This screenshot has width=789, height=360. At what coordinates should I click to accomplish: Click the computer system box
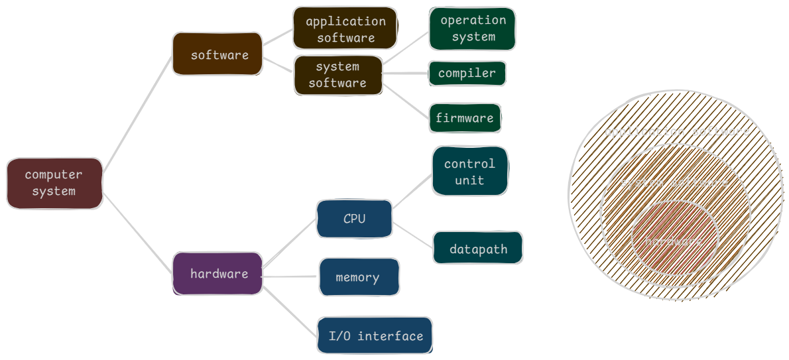pyautogui.click(x=54, y=183)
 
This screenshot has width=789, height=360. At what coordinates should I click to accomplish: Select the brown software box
pyautogui.click(x=218, y=54)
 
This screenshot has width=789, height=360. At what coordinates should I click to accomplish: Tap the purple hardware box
pyautogui.click(x=218, y=273)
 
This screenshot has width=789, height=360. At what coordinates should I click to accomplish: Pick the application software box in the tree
pyautogui.click(x=345, y=29)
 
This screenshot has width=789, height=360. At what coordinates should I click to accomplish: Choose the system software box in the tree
pyautogui.click(x=338, y=74)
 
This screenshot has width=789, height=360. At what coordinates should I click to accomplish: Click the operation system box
pyautogui.click(x=472, y=29)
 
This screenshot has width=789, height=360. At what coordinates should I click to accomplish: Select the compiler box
pyautogui.click(x=467, y=73)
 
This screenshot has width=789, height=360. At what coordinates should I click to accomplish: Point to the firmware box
pyautogui.click(x=465, y=118)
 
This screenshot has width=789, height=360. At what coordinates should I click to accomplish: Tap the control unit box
pyautogui.click(x=470, y=171)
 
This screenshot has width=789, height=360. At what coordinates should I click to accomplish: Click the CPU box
pyautogui.click(x=354, y=218)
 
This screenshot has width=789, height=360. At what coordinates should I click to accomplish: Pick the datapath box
pyautogui.click(x=478, y=249)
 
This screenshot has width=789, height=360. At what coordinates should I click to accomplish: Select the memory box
pyautogui.click(x=359, y=277)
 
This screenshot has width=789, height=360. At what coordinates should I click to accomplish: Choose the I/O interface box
pyautogui.click(x=375, y=335)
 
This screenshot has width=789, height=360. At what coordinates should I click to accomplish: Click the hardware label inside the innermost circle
pyautogui.click(x=674, y=241)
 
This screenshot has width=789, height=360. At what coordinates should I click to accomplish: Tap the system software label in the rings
pyautogui.click(x=674, y=183)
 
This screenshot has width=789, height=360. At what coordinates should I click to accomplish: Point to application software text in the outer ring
pyautogui.click(x=677, y=131)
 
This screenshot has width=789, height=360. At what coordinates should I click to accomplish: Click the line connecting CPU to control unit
pyautogui.click(x=412, y=192)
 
